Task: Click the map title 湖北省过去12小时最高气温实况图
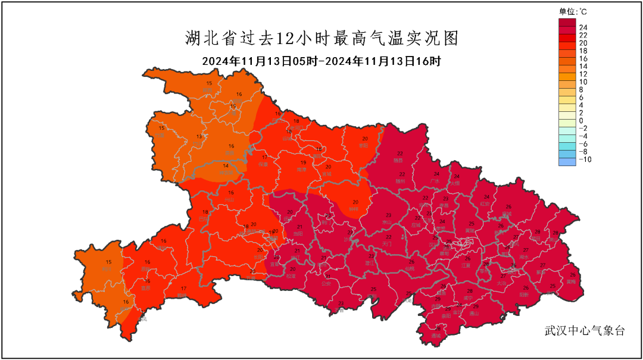point(321,39)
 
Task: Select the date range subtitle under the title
point(321,61)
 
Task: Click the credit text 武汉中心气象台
point(584,331)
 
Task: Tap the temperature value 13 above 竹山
point(199,137)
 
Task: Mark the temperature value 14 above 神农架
point(226,166)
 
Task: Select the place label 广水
point(435,181)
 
